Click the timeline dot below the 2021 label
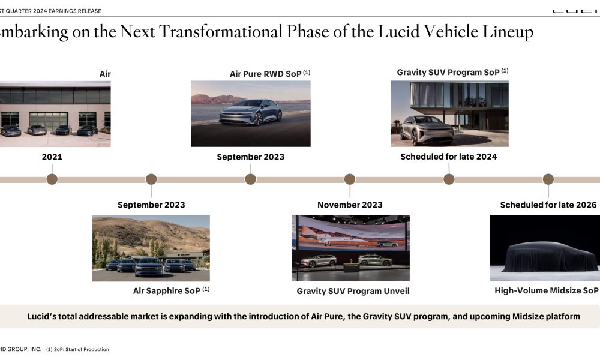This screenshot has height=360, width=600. point(52,179)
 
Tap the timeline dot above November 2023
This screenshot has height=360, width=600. point(350,179)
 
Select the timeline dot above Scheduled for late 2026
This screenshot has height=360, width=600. point(548,179)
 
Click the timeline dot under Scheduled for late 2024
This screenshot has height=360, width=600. point(449,179)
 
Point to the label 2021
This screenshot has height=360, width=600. point(52,157)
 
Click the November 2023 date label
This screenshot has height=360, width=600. point(350,205)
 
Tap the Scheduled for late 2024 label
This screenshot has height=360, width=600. point(448,157)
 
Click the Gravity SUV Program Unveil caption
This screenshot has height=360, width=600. point(353,291)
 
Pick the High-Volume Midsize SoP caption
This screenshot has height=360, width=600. point(547,291)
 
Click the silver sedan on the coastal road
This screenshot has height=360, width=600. point(251,112)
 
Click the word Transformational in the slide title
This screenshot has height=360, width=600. point(220,32)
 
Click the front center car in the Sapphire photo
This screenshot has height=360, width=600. point(148,266)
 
